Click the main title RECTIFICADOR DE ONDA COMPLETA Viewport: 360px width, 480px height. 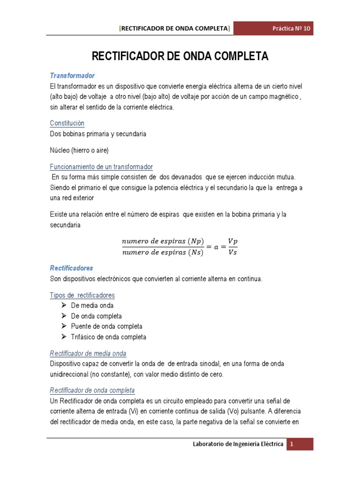(180, 57)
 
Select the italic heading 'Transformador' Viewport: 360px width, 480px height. (72, 75)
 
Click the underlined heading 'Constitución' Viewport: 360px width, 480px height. (67, 123)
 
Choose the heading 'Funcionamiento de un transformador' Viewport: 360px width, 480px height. (101, 167)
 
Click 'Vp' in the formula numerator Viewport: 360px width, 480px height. (232, 240)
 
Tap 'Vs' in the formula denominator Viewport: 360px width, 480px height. (232, 253)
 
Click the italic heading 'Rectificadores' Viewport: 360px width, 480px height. (71, 268)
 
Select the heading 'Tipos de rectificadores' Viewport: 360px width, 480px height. (82, 295)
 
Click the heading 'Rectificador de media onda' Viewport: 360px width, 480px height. (88, 353)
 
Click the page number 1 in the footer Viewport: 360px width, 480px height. (291, 444)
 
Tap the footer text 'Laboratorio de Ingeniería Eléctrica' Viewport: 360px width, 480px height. (238, 444)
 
